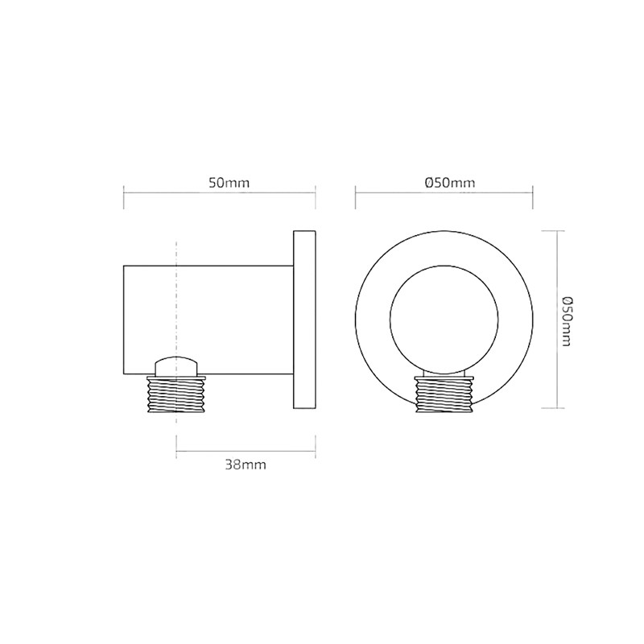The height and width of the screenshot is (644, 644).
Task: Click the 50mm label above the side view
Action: coord(229,183)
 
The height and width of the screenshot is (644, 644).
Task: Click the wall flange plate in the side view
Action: coord(304,320)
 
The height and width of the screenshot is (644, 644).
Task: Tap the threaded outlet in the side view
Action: coord(176,394)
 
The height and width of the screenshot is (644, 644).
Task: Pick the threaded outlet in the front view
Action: coord(444,396)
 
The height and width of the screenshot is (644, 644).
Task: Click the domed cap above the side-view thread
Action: coord(176,365)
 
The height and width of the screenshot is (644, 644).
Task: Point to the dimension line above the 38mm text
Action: coord(246,450)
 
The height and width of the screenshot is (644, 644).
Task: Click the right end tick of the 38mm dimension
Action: coord(315,450)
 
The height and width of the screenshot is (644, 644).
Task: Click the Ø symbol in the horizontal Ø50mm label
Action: coord(430,183)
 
